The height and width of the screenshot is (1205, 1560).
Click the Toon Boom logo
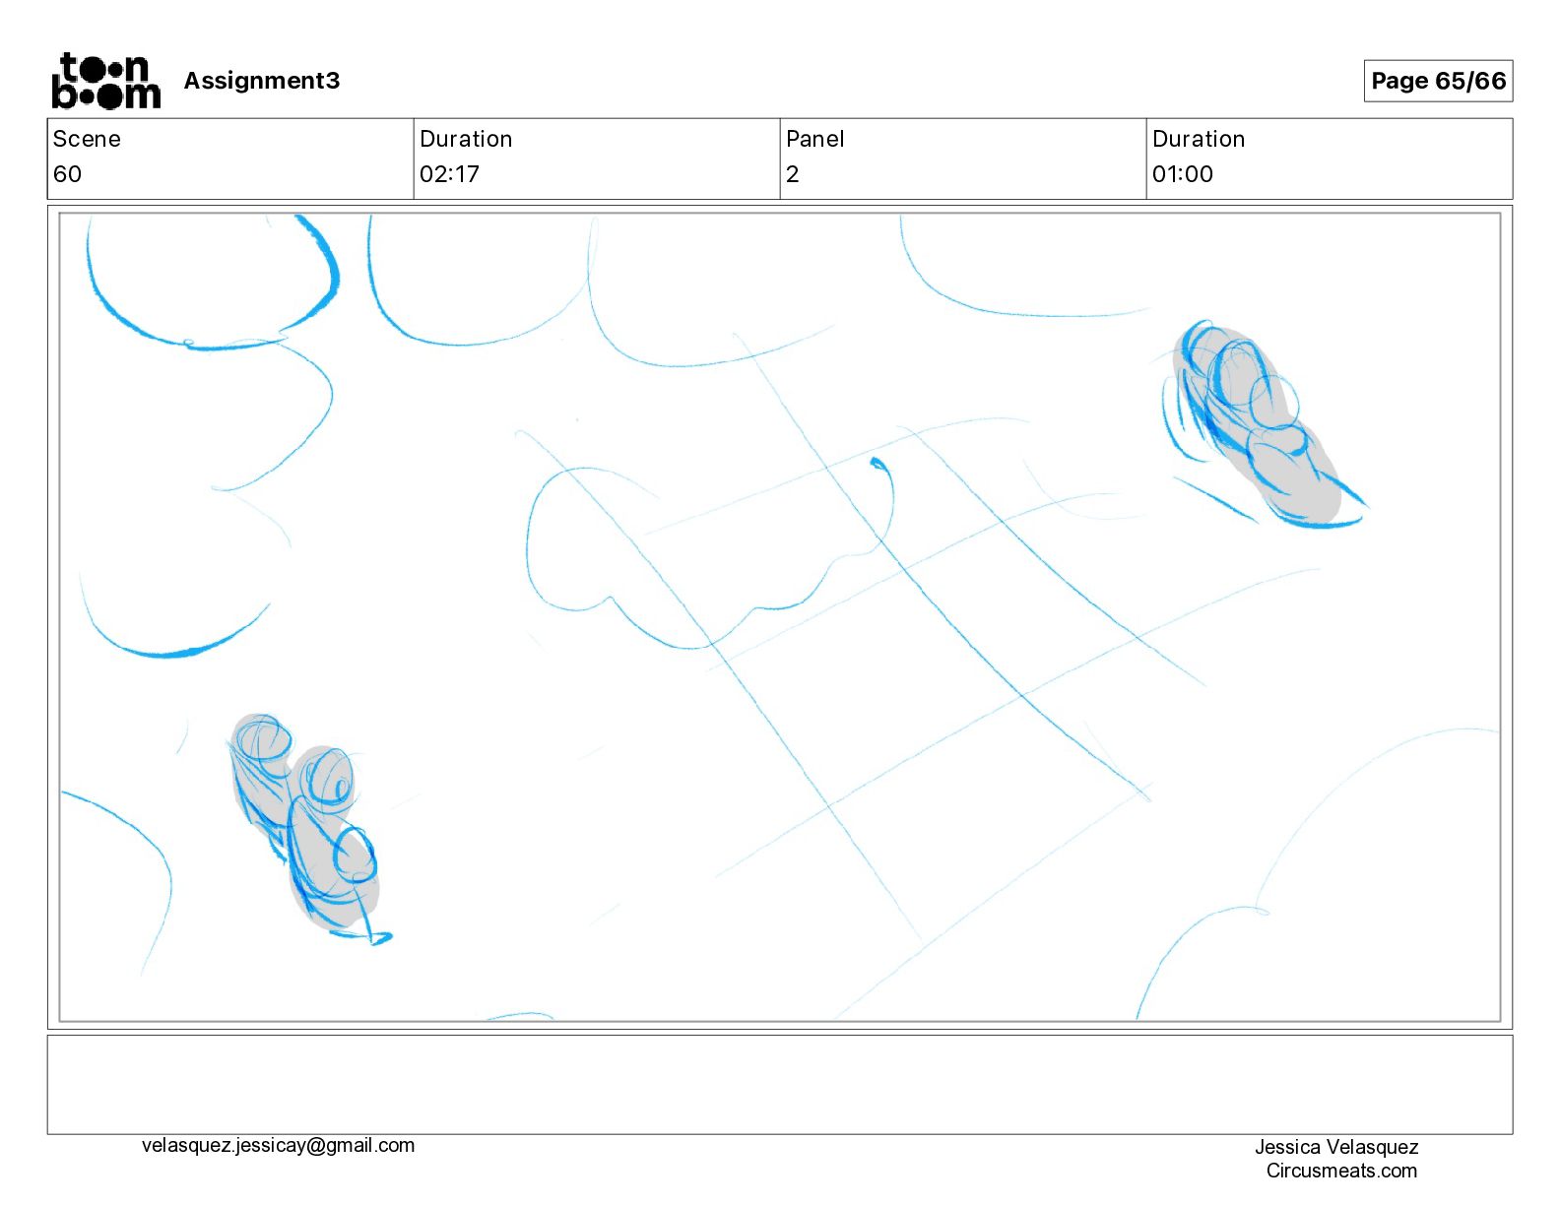106,81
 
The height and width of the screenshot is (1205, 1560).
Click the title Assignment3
261,81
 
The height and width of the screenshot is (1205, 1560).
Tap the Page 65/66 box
1438,81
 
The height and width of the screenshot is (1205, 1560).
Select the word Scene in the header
86,139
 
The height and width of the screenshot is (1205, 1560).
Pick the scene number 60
67,173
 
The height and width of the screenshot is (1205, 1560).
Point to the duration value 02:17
449,173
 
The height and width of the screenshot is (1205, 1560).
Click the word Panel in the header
814,139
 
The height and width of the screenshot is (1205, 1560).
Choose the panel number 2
793,173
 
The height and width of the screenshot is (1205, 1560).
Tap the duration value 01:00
1183,173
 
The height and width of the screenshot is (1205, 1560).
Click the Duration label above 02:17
466,139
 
